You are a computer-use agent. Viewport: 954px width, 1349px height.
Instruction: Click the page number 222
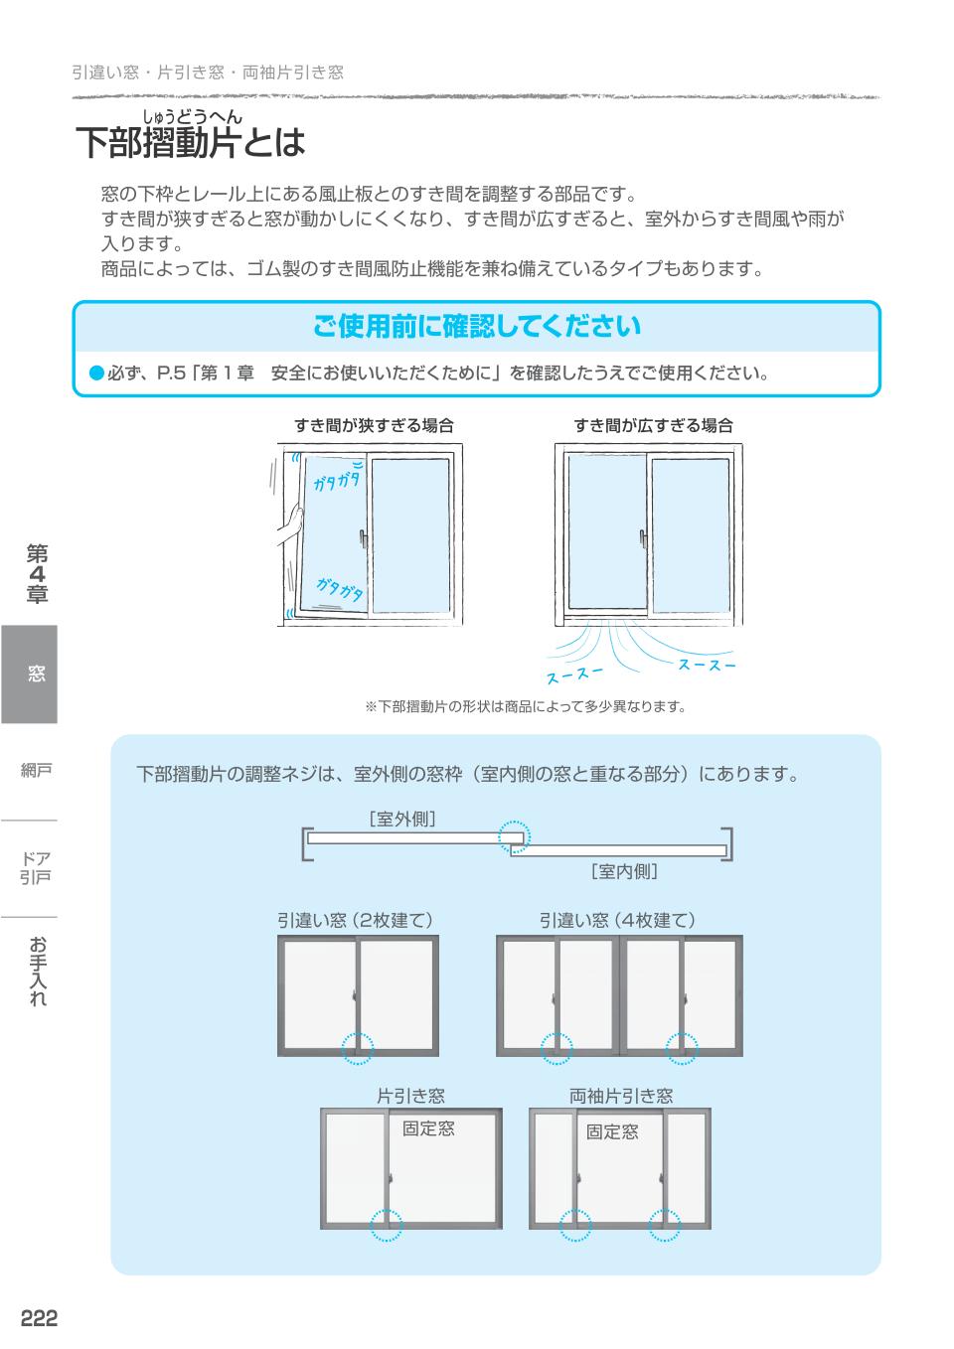pos(40,1317)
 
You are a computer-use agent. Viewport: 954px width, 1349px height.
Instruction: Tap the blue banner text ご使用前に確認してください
pos(477,326)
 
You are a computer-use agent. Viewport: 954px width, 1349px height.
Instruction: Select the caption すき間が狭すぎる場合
pos(374,425)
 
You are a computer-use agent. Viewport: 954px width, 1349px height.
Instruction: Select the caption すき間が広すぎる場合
pos(653,425)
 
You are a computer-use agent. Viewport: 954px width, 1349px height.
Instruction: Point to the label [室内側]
pos(624,871)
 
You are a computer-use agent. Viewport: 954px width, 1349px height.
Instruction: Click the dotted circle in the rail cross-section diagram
pos(514,837)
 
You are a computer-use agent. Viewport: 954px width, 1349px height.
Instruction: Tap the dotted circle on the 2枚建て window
pos(357,1047)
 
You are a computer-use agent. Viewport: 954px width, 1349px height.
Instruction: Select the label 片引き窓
pos(410,1096)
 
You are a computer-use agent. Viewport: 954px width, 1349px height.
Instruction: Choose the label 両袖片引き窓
pos(621,1096)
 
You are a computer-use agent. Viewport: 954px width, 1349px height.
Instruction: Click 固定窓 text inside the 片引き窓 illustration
pos(428,1128)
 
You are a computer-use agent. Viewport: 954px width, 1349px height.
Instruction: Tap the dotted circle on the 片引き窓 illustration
pos(387,1225)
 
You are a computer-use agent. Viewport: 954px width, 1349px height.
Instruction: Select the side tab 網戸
pos(36,770)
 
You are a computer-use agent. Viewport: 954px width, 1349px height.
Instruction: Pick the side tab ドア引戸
pos(36,867)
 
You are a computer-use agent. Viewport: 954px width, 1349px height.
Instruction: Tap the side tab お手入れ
pos(37,971)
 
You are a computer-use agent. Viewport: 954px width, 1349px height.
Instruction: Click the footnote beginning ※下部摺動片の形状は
pos(526,706)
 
